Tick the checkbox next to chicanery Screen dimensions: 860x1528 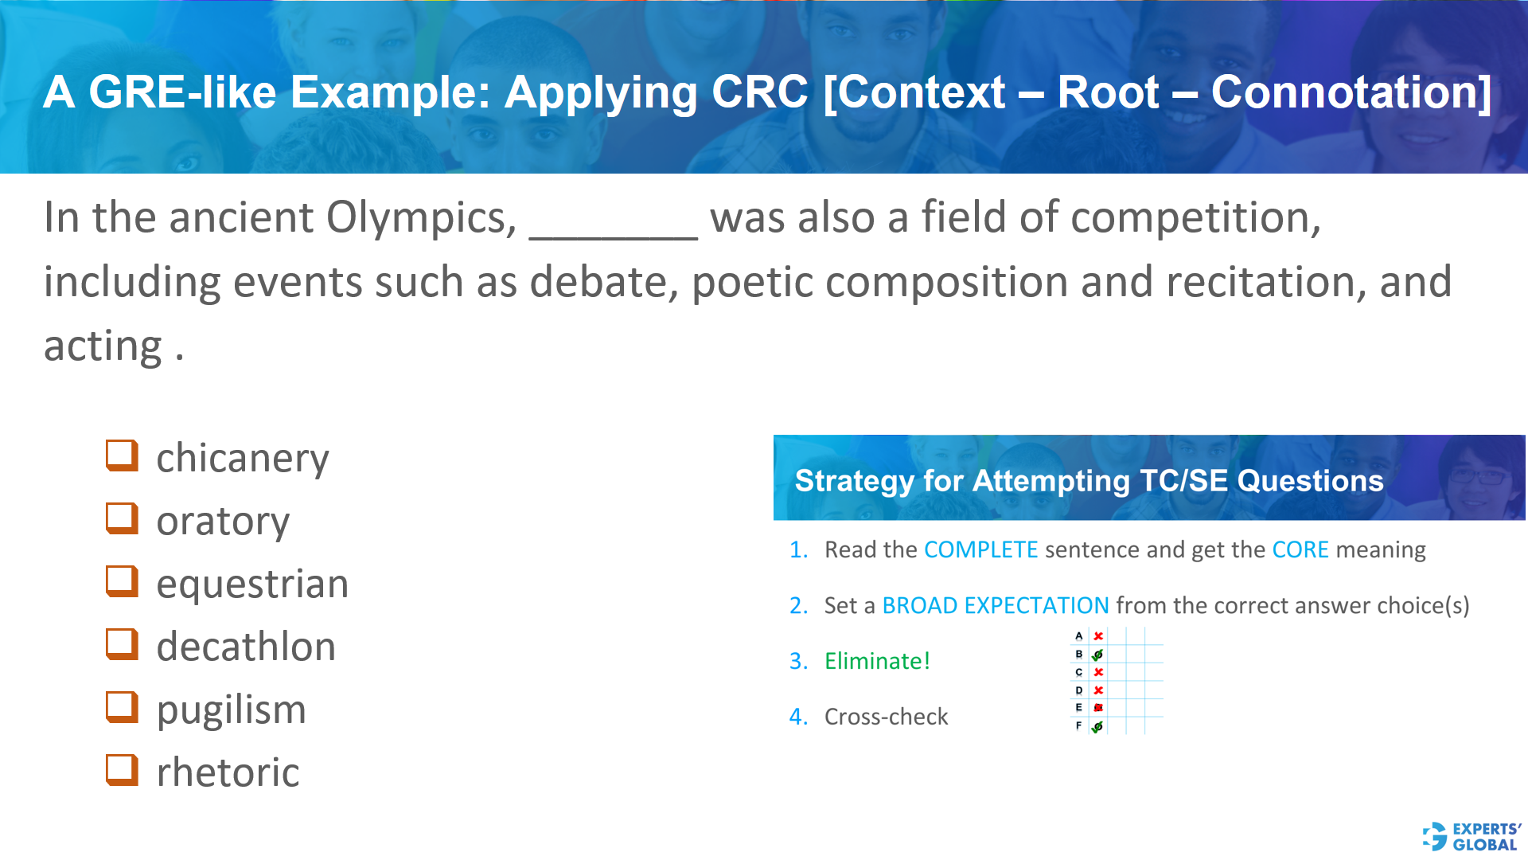pyautogui.click(x=122, y=455)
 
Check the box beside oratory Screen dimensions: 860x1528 pyautogui.click(x=122, y=518)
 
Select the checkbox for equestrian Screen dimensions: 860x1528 pyautogui.click(x=122, y=581)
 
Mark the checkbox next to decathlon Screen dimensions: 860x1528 pyautogui.click(x=122, y=644)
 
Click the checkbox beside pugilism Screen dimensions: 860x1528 pyautogui.click(x=122, y=707)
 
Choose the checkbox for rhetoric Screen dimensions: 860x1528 pyautogui.click(x=122, y=770)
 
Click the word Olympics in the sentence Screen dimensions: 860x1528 pyautogui.click(x=421, y=217)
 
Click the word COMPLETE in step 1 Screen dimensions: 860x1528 pyautogui.click(x=980, y=549)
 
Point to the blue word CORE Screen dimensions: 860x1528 pyautogui.click(x=1300, y=549)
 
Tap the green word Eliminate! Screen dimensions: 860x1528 pyautogui.click(x=877, y=661)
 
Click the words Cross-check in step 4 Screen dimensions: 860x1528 pyautogui.click(x=886, y=717)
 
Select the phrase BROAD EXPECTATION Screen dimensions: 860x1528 pyautogui.click(x=996, y=605)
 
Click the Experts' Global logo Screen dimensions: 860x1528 pyautogui.click(x=1471, y=837)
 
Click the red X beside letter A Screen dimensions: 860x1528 pyautogui.click(x=1098, y=636)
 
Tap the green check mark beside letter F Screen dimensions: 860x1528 pyautogui.click(x=1097, y=726)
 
